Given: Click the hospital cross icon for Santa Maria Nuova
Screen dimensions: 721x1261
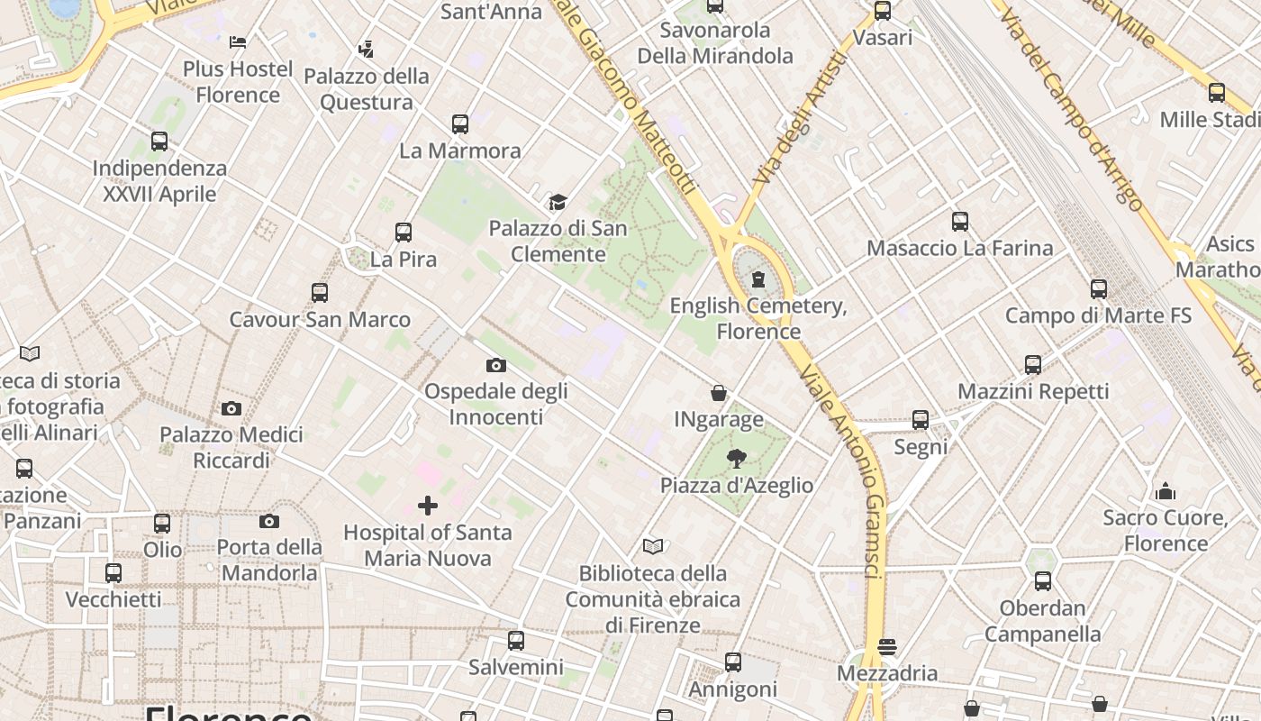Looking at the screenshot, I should click(428, 506).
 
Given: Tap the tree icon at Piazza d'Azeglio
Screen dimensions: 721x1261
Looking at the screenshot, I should click(737, 459).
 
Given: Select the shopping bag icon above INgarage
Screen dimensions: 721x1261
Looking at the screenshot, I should click(719, 393).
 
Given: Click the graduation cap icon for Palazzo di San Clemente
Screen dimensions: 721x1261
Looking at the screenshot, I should click(558, 201).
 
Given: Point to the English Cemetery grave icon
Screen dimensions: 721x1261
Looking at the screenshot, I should click(758, 279).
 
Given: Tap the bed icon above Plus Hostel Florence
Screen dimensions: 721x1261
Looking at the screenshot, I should click(238, 42).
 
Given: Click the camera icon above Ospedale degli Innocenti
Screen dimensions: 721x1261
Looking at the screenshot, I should click(495, 365).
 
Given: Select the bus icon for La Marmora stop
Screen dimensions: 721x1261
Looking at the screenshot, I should click(460, 123).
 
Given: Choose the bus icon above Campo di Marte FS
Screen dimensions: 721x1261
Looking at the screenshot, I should click(1099, 288).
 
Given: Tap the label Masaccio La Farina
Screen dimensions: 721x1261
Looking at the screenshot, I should click(959, 248).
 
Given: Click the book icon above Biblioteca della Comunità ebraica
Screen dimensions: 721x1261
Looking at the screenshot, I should click(653, 546).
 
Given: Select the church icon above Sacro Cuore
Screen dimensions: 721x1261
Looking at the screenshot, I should click(1166, 491).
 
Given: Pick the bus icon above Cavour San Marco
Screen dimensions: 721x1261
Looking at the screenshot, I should click(320, 293).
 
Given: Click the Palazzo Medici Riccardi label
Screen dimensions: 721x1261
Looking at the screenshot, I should click(231, 448).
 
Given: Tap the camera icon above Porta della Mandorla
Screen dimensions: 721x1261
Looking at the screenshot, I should click(268, 521).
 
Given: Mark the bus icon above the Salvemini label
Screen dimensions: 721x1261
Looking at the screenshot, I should click(515, 641).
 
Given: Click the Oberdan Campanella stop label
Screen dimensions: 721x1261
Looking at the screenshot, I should click(1042, 621).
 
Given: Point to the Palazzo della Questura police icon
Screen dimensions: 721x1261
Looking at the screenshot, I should click(366, 49).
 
